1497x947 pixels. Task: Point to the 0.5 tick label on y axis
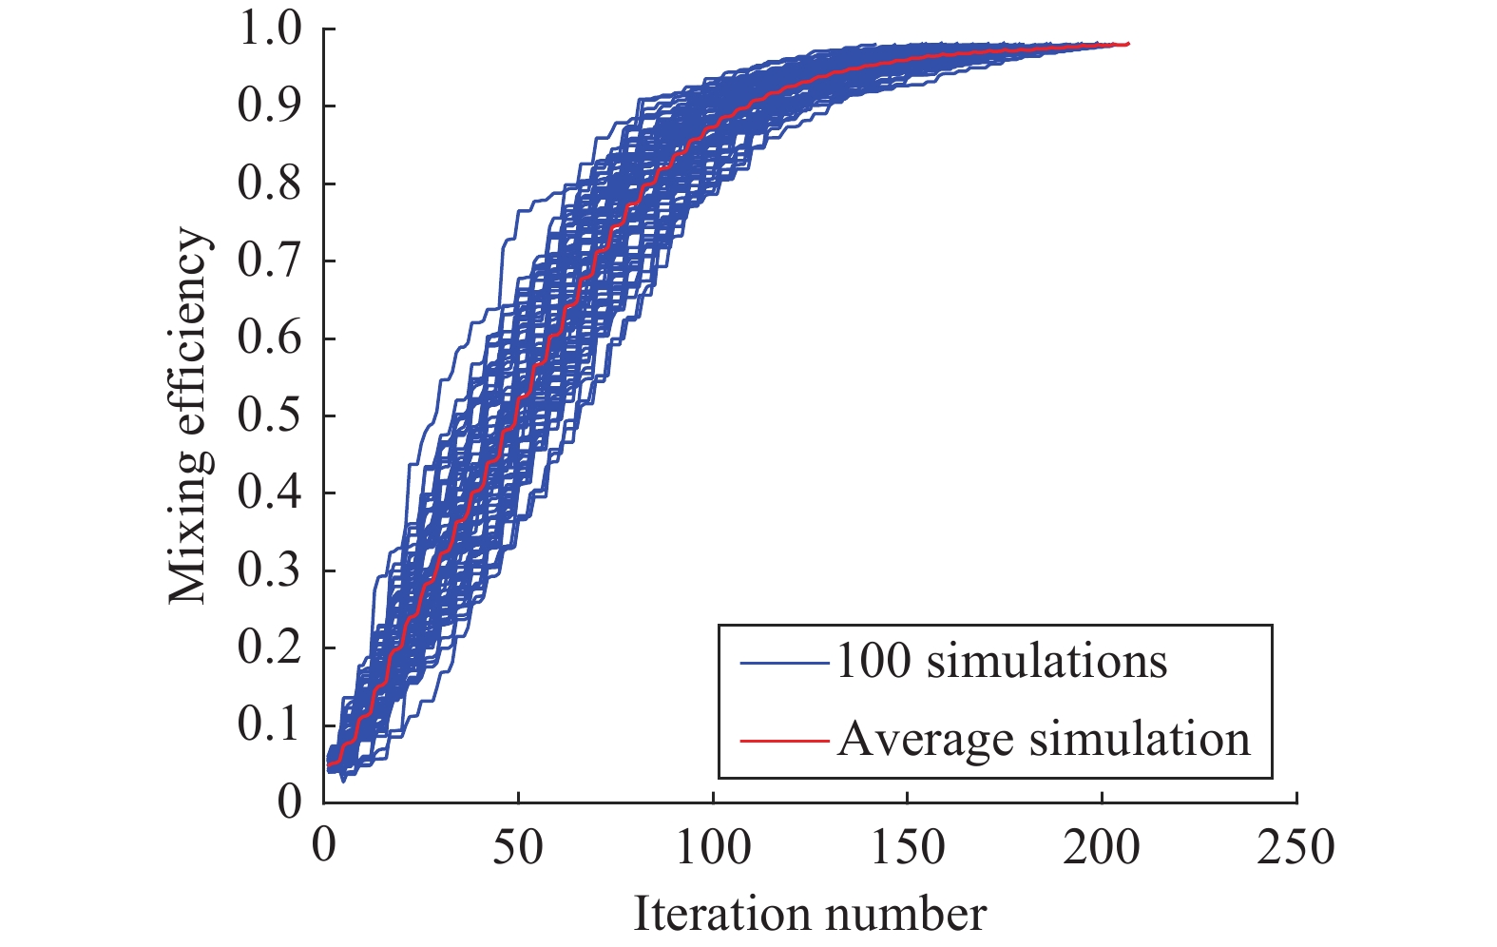tap(269, 416)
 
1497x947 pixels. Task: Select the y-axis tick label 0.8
tap(269, 184)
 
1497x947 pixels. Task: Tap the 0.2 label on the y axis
tap(269, 647)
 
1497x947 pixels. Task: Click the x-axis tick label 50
tap(518, 845)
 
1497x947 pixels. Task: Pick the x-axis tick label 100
tap(713, 845)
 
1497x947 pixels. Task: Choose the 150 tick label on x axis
tap(908, 845)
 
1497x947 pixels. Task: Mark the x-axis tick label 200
tap(1102, 845)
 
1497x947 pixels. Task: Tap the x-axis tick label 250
tap(1295, 845)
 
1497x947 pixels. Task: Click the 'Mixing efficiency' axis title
tap(189, 416)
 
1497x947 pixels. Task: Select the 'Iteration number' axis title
tap(810, 914)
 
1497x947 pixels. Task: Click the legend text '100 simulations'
tap(1001, 661)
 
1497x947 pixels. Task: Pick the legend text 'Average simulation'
tap(1044, 739)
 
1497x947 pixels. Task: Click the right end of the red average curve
tap(1127, 44)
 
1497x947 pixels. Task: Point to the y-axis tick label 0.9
tap(269, 106)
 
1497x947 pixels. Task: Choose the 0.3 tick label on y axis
tap(269, 570)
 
